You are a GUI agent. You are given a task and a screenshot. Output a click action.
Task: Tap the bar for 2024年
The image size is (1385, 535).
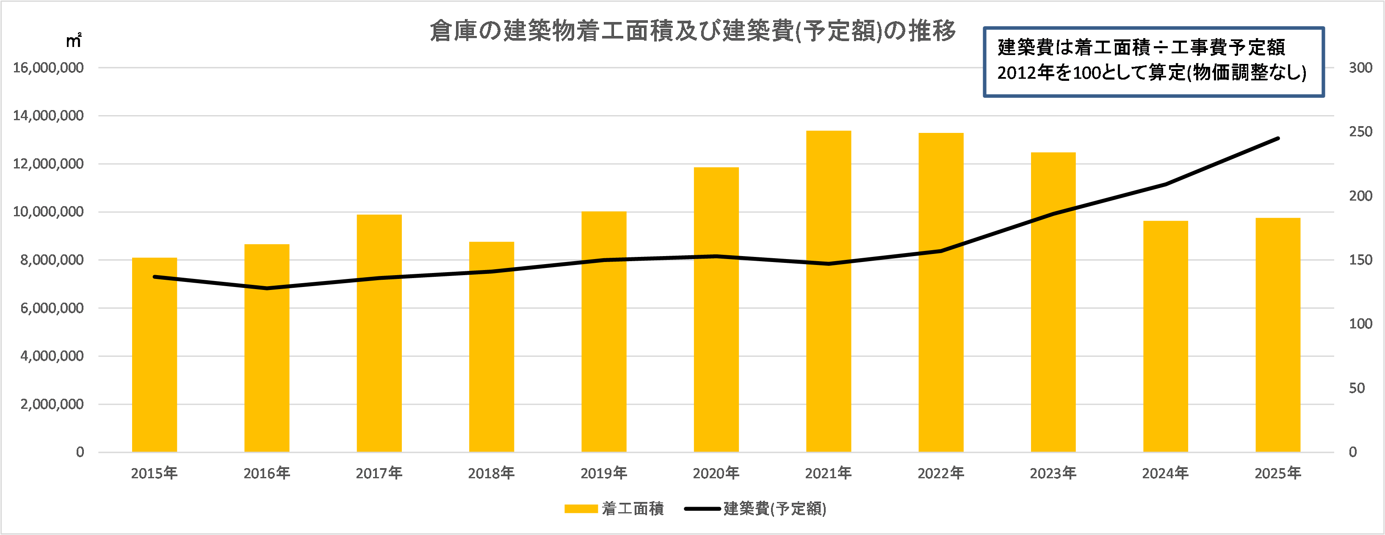tap(1165, 339)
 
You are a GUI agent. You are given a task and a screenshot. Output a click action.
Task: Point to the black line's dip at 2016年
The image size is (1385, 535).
tap(267, 288)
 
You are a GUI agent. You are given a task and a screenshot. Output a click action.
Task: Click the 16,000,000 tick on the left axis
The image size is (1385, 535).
tap(48, 68)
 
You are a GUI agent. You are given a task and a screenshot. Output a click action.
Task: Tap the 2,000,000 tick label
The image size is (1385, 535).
tap(52, 404)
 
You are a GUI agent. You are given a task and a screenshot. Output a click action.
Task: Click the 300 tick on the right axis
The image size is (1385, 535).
tap(1360, 68)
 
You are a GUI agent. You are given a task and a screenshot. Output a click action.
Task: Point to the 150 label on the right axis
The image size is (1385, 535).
tap(1360, 260)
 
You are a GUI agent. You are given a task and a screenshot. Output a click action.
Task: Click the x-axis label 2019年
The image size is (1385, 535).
tap(603, 473)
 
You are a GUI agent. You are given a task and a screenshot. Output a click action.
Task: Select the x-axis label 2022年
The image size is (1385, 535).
tap(940, 473)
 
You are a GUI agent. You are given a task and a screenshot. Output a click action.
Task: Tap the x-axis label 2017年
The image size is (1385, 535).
tap(379, 473)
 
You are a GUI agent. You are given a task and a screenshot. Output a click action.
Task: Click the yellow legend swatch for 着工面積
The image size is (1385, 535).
tap(581, 509)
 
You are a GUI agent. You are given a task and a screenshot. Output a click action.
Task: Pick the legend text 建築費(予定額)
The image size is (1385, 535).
tap(775, 509)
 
